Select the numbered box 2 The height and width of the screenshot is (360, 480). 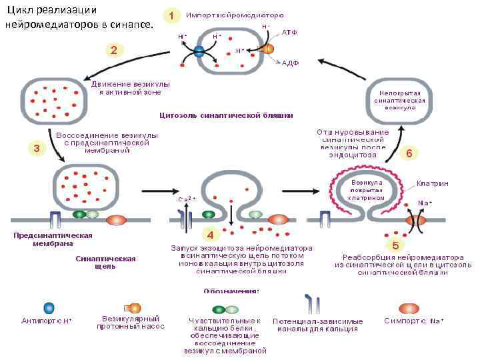tap(114, 50)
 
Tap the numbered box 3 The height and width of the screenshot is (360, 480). tap(36, 148)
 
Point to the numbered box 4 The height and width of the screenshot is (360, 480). tap(210, 235)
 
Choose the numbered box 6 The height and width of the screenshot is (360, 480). tap(409, 153)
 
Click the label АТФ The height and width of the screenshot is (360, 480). tap(289, 31)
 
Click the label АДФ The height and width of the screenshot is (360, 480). tap(289, 63)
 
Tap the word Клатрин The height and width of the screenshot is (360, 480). tap(432, 183)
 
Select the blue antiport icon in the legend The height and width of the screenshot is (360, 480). tap(49, 308)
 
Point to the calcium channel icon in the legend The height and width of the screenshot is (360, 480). tap(311, 303)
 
